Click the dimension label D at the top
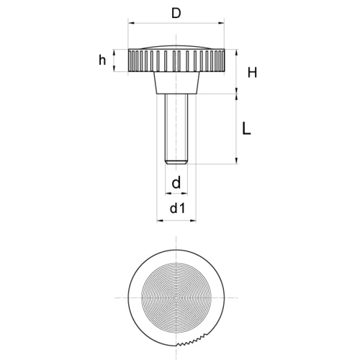pyautogui.click(x=176, y=14)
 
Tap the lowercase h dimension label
pyautogui.click(x=102, y=60)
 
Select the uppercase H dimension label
pyautogui.click(x=252, y=73)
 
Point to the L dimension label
pyautogui.click(x=246, y=129)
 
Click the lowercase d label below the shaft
pyautogui.click(x=176, y=183)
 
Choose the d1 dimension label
pyautogui.click(x=178, y=208)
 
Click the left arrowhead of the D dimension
pyautogui.click(x=132, y=23)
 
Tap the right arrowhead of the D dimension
pyautogui.click(x=221, y=23)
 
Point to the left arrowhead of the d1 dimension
pyautogui.click(x=160, y=220)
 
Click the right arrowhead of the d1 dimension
pyautogui.click(x=193, y=220)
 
